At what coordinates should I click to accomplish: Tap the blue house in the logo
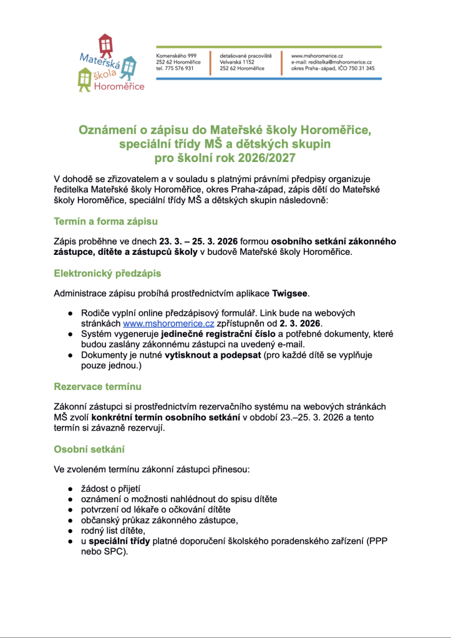(129, 65)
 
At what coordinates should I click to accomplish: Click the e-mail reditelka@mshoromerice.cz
(340, 62)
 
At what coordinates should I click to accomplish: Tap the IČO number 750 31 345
(358, 69)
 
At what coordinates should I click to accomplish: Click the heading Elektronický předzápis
(107, 273)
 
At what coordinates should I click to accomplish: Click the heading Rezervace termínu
(97, 386)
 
